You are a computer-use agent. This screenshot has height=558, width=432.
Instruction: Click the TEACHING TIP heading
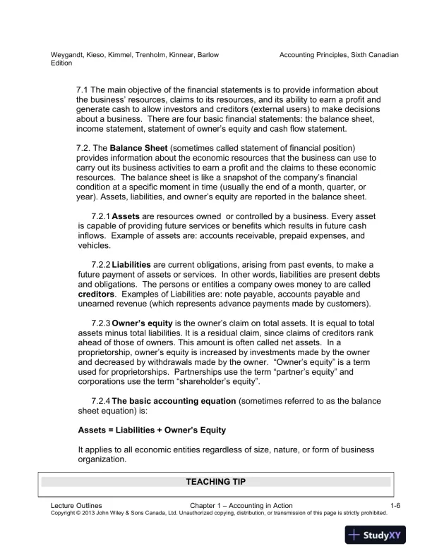tap(215, 482)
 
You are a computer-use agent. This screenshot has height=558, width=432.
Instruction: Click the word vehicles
tap(94, 246)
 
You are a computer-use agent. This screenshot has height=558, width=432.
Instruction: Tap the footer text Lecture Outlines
tap(76, 506)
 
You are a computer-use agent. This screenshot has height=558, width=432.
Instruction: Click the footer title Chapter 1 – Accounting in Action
tap(241, 506)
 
